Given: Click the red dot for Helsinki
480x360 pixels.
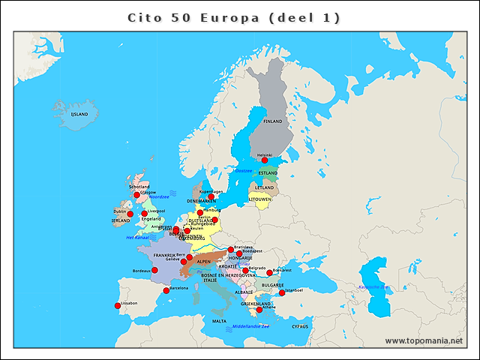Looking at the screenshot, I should [x=264, y=160].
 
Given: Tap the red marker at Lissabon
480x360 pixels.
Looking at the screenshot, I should [x=117, y=305].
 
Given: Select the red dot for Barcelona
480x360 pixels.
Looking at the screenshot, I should [x=166, y=290].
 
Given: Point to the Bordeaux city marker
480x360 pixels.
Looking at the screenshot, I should [x=155, y=270].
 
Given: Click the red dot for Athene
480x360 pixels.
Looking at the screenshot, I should [x=259, y=309].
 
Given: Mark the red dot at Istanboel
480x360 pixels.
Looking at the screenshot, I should [x=282, y=293].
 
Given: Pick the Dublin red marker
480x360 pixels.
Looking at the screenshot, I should [x=130, y=214].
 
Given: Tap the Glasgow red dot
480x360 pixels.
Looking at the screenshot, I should [x=137, y=195].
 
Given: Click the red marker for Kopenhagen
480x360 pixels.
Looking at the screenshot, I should [x=211, y=196].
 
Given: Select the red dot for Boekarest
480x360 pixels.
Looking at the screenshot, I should [x=270, y=272].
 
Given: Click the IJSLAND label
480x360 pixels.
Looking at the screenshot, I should [x=79, y=115].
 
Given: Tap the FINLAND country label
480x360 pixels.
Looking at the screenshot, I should [x=273, y=121].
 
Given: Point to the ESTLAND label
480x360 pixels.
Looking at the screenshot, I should [x=268, y=173].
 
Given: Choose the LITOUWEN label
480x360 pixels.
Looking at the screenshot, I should [x=259, y=199].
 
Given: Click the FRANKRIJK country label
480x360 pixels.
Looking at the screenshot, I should [x=164, y=255].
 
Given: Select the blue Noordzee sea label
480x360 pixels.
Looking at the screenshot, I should [x=159, y=196].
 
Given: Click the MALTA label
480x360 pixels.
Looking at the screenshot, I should [x=219, y=321].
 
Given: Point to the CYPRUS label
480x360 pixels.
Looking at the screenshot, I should [x=300, y=326].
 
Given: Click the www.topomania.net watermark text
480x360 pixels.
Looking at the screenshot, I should [x=424, y=341].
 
